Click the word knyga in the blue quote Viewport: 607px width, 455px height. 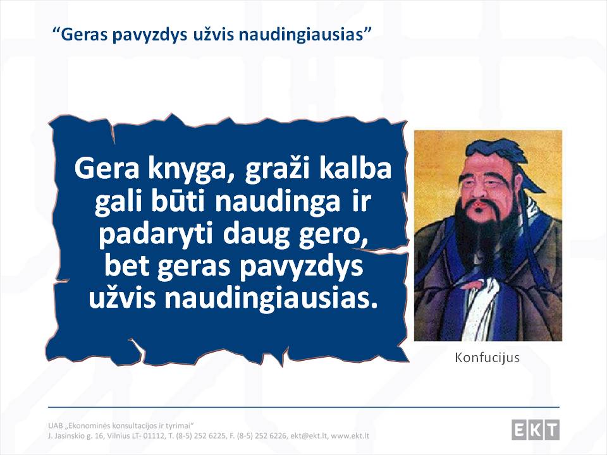187,169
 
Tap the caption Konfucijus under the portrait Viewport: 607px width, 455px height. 487,358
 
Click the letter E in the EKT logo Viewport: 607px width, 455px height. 519,430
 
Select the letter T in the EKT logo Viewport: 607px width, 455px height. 552,430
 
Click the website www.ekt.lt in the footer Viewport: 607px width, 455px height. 350,436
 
